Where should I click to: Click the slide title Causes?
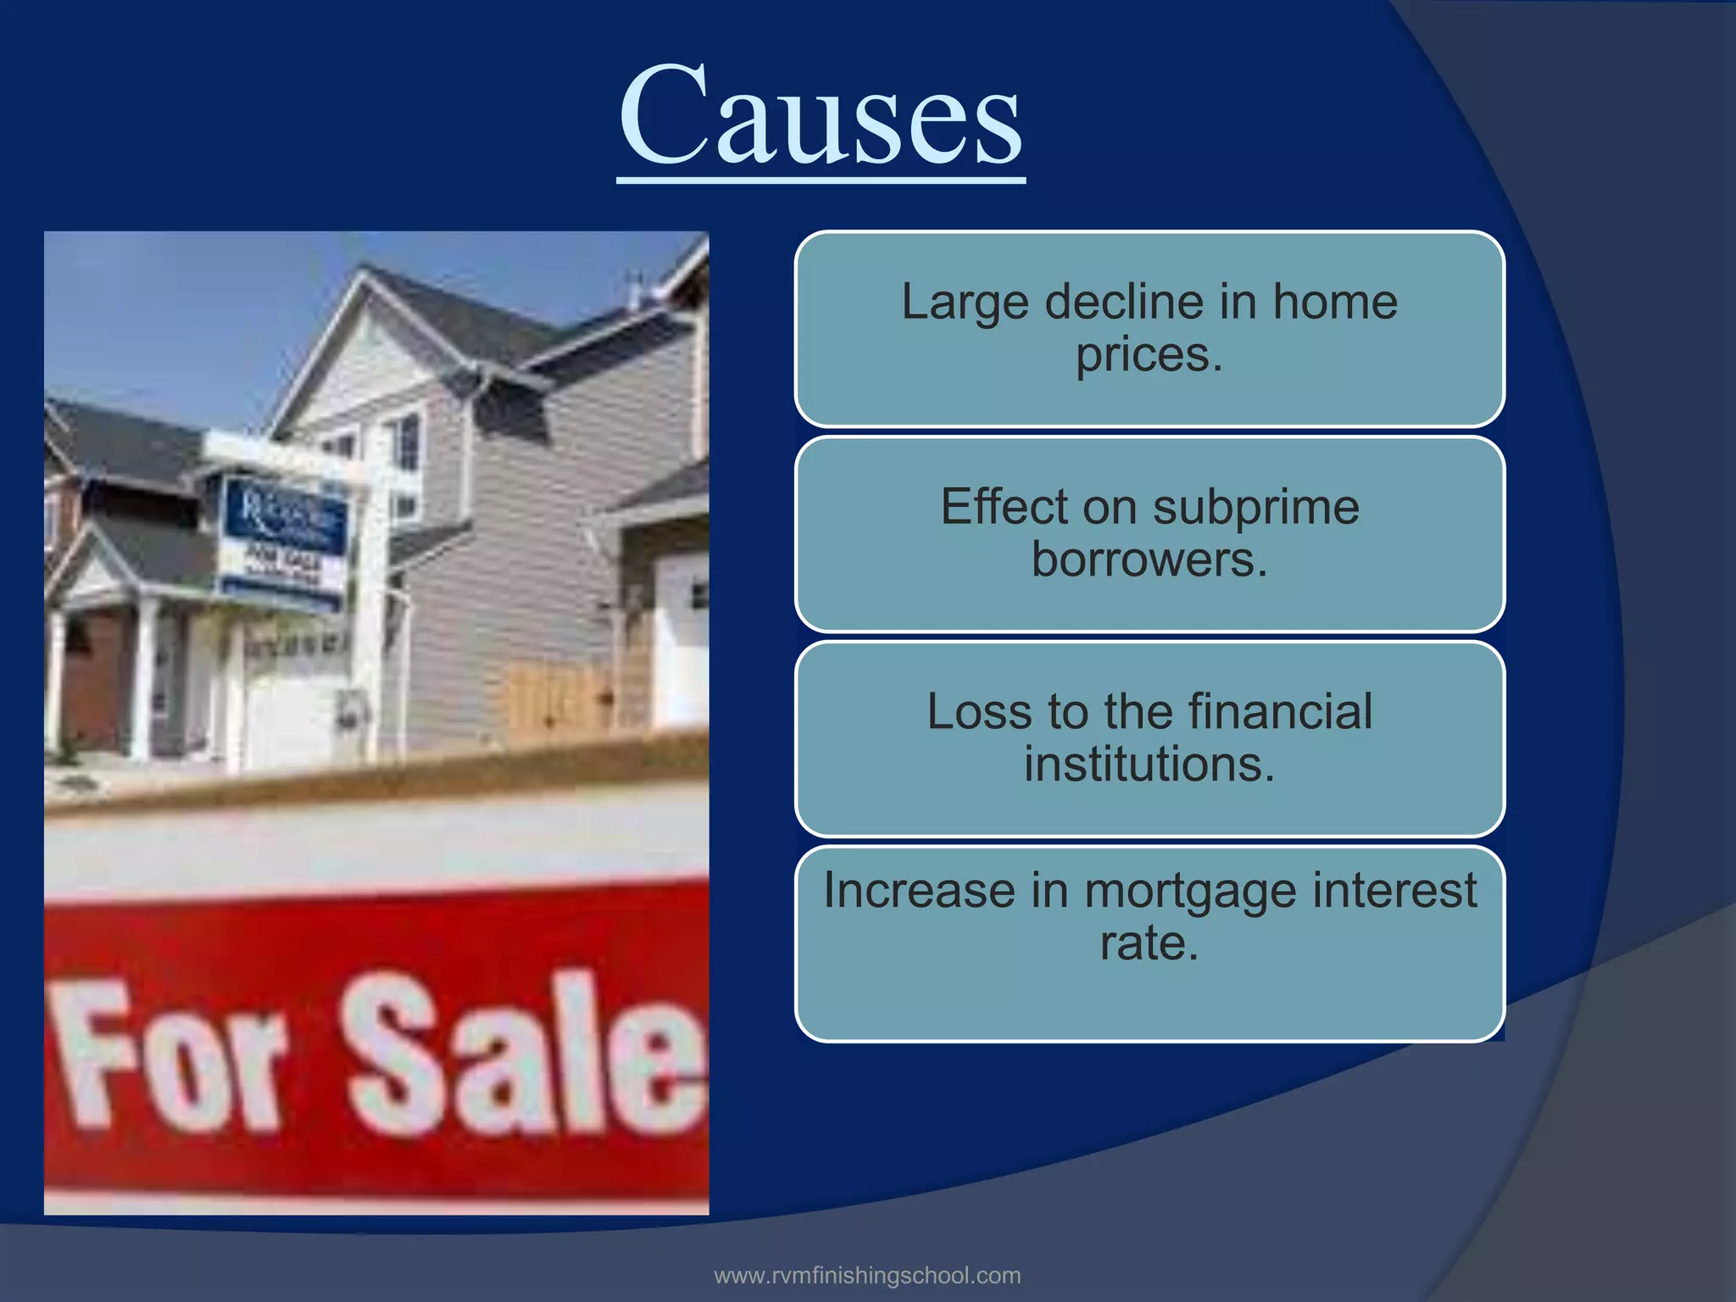[821, 116]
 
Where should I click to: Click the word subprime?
[1255, 508]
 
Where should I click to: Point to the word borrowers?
[1149, 560]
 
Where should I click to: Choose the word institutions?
[1149, 765]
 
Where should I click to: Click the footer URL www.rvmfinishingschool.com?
[867, 1276]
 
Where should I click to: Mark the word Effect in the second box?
[1003, 508]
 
